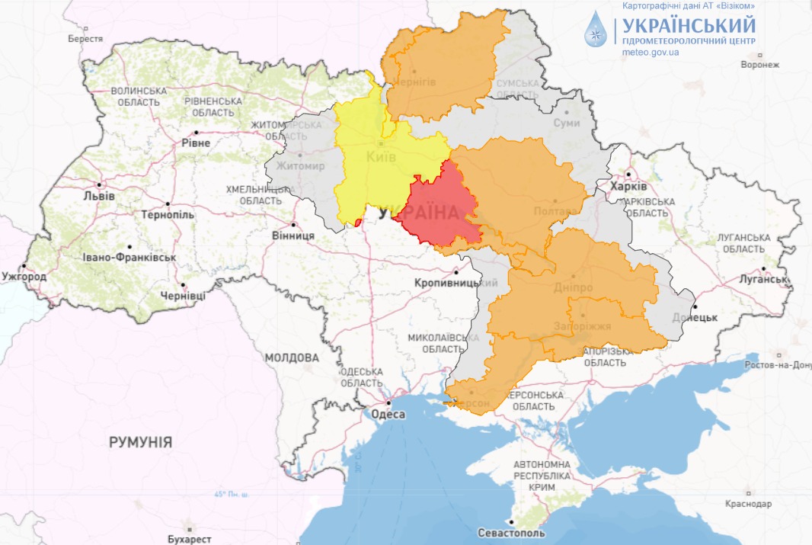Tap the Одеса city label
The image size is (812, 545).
pos(388,415)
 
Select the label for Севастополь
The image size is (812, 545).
pos(510,533)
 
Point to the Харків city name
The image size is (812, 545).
pos(630,187)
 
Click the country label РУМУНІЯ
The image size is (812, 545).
pos(140,442)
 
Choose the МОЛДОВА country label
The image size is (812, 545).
pos(292,357)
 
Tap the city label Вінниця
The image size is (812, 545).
pos(293,236)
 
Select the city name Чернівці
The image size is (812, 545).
pos(183,296)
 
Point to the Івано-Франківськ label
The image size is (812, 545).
pos(131,258)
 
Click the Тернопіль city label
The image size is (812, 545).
pos(168,215)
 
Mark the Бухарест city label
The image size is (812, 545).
pos(189,539)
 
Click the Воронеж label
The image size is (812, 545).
pos(759,65)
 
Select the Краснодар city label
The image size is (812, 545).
pos(747,504)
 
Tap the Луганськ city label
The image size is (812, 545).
pos(762,279)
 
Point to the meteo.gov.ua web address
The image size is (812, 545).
pos(651,53)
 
